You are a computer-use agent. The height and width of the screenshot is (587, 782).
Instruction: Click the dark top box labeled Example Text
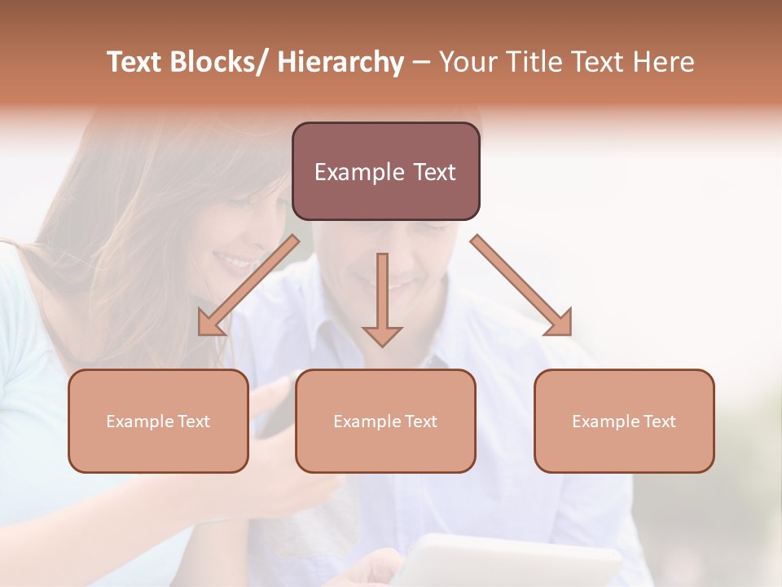[385, 171]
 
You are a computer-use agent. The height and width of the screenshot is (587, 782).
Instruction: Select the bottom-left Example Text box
[158, 421]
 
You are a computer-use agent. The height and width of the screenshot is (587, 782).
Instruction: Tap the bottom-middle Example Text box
[385, 421]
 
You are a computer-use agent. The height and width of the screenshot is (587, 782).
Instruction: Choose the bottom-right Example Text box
[624, 421]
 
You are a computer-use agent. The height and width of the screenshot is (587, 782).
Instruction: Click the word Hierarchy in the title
[340, 62]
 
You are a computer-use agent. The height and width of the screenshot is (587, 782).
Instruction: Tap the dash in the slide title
[420, 62]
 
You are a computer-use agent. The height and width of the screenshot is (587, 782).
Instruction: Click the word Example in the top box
[358, 172]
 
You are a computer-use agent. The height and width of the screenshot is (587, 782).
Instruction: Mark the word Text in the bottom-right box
[659, 421]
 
